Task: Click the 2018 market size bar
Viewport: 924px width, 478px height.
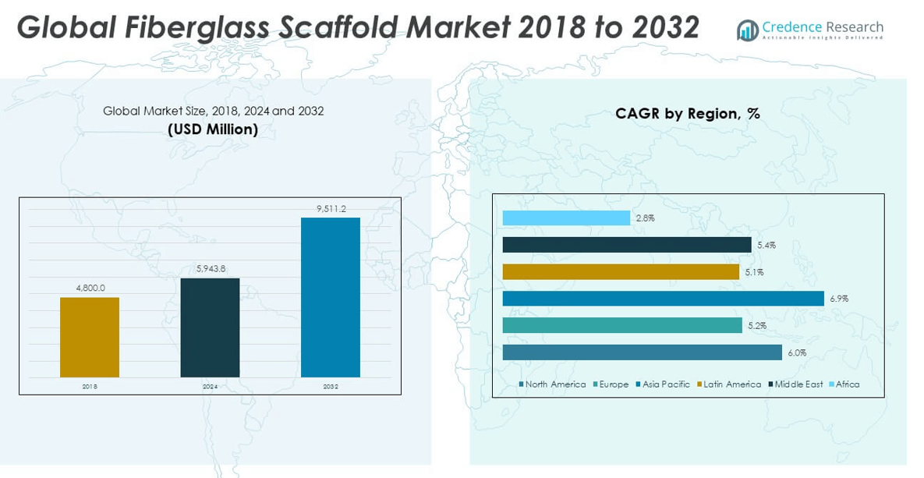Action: tap(90, 337)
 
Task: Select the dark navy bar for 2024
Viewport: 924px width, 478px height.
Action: tap(210, 328)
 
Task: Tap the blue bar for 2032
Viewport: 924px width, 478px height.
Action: tap(331, 297)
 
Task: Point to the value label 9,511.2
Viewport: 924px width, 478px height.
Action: tap(331, 209)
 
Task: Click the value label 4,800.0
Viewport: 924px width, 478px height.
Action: tap(90, 289)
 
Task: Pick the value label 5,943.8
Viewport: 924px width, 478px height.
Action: tap(210, 269)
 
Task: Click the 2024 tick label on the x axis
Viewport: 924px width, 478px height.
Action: tap(210, 386)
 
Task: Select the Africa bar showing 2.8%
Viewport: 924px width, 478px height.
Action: tap(566, 218)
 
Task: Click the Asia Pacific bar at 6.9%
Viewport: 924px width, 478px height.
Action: tap(663, 299)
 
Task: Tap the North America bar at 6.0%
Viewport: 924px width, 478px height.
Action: tap(642, 352)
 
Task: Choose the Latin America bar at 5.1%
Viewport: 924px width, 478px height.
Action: tap(621, 272)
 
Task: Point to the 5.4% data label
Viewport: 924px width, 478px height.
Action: tap(766, 246)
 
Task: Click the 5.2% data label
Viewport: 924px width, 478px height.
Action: tap(756, 326)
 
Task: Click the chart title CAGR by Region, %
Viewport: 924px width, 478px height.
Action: tap(687, 114)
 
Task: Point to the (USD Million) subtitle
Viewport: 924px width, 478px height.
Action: tap(213, 129)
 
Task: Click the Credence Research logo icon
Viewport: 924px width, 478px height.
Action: tap(747, 30)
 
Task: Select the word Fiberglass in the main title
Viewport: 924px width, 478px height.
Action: tap(193, 27)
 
